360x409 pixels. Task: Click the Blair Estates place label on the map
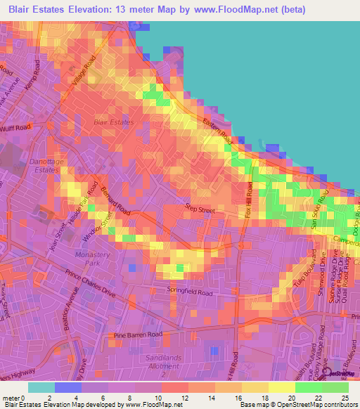(x=113, y=122)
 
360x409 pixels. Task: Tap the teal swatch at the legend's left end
(x=41, y=387)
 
